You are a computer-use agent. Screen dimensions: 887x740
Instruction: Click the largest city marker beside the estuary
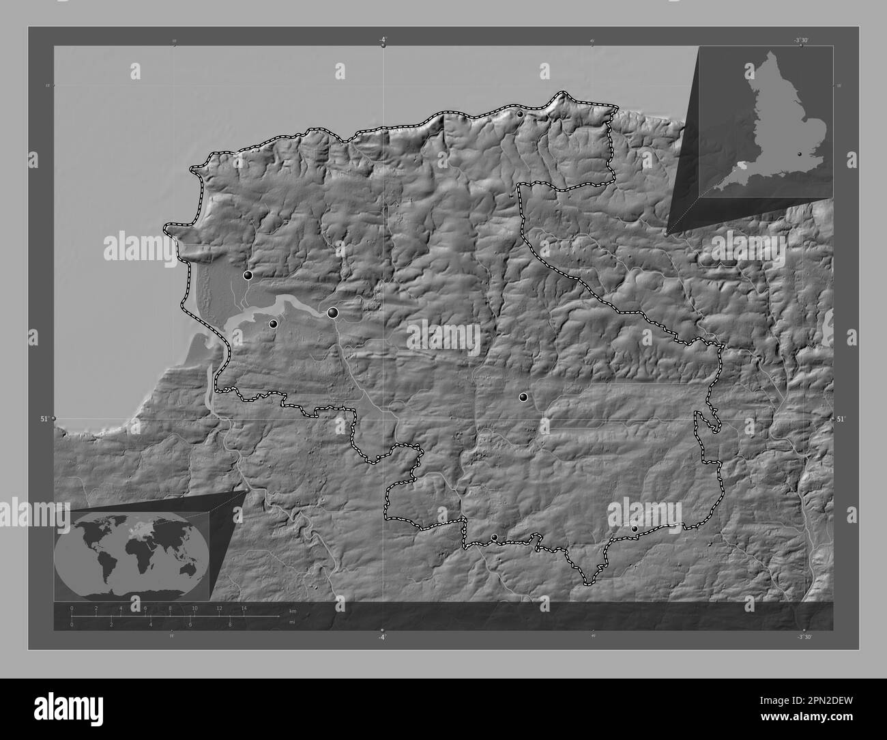333,313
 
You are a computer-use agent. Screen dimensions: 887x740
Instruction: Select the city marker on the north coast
521,114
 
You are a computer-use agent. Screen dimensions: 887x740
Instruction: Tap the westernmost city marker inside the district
248,275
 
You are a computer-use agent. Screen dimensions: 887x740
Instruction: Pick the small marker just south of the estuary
274,324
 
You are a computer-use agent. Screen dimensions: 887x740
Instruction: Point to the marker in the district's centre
523,397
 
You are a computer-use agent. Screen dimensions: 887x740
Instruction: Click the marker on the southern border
495,537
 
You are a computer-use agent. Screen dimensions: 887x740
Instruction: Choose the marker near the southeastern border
635,529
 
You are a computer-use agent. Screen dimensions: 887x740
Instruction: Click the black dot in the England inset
800,155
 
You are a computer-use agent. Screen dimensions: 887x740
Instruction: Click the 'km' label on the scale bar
293,611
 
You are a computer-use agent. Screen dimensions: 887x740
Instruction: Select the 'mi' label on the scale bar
292,621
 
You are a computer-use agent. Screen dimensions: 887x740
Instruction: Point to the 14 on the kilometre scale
243,608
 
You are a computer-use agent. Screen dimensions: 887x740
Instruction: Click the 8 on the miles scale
230,625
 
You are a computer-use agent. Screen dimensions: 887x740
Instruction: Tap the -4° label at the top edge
383,39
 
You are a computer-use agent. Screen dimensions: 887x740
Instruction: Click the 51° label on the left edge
45,418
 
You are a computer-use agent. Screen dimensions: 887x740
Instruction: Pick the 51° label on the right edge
841,418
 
